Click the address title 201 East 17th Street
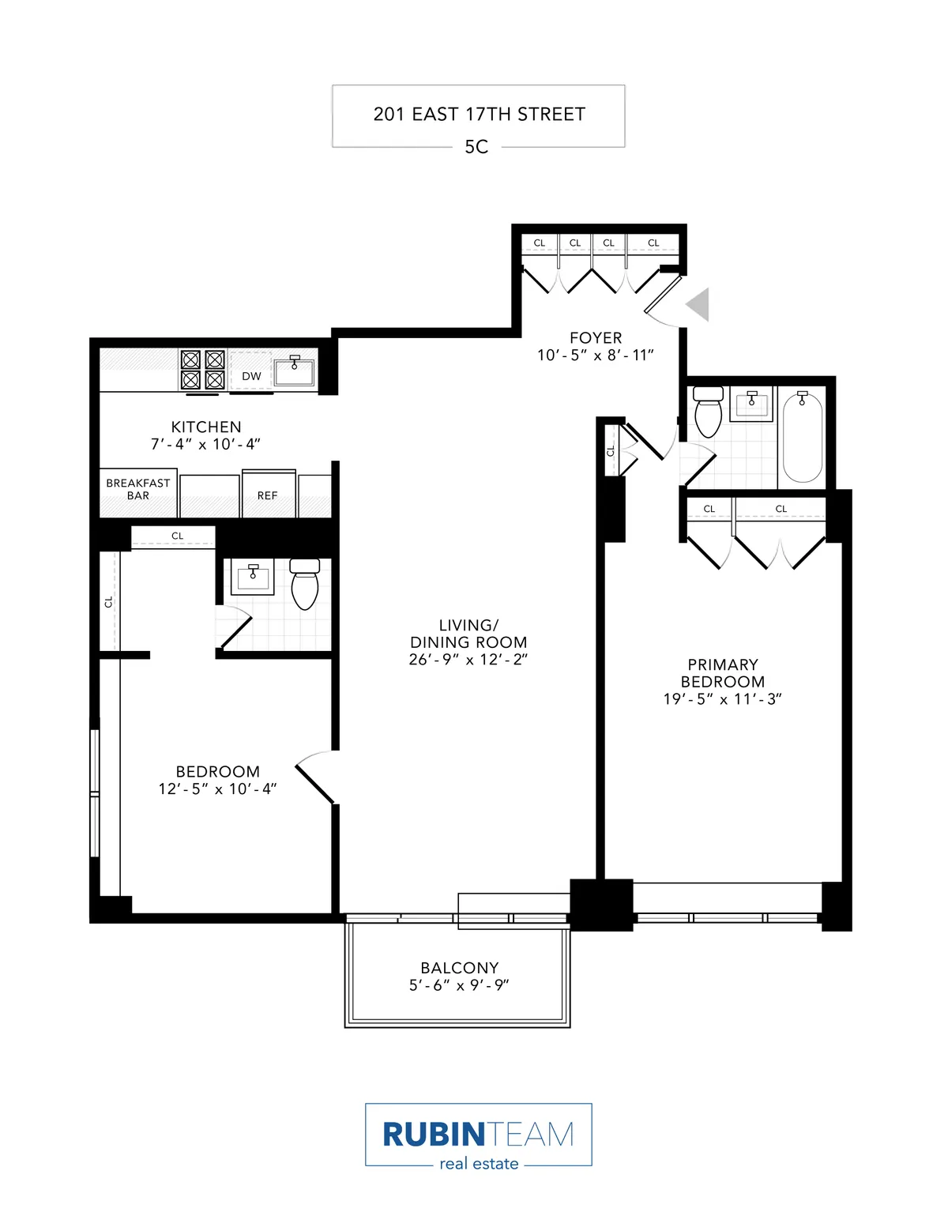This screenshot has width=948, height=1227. tap(479, 115)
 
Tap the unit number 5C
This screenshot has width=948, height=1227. tap(476, 147)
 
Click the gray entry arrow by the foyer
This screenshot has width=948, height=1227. tap(698, 304)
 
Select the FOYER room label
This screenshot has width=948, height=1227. tap(596, 337)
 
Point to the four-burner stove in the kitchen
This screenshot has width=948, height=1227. tap(203, 370)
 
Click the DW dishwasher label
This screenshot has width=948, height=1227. tap(251, 376)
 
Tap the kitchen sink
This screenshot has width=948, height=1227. tap(294, 371)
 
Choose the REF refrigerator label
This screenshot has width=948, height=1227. tap(267, 495)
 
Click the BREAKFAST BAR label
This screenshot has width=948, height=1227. tap(138, 489)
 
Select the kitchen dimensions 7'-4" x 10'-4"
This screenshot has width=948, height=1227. tap(205, 444)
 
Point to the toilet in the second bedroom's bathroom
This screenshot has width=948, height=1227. tap(304, 584)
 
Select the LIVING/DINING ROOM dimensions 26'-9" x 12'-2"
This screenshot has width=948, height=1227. tap(468, 660)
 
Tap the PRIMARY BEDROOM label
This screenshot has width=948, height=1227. tap(722, 673)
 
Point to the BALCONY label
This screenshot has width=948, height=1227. tap(459, 968)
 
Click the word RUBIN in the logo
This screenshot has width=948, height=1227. tap(433, 1135)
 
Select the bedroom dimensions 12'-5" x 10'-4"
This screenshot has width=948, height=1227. tap(217, 789)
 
